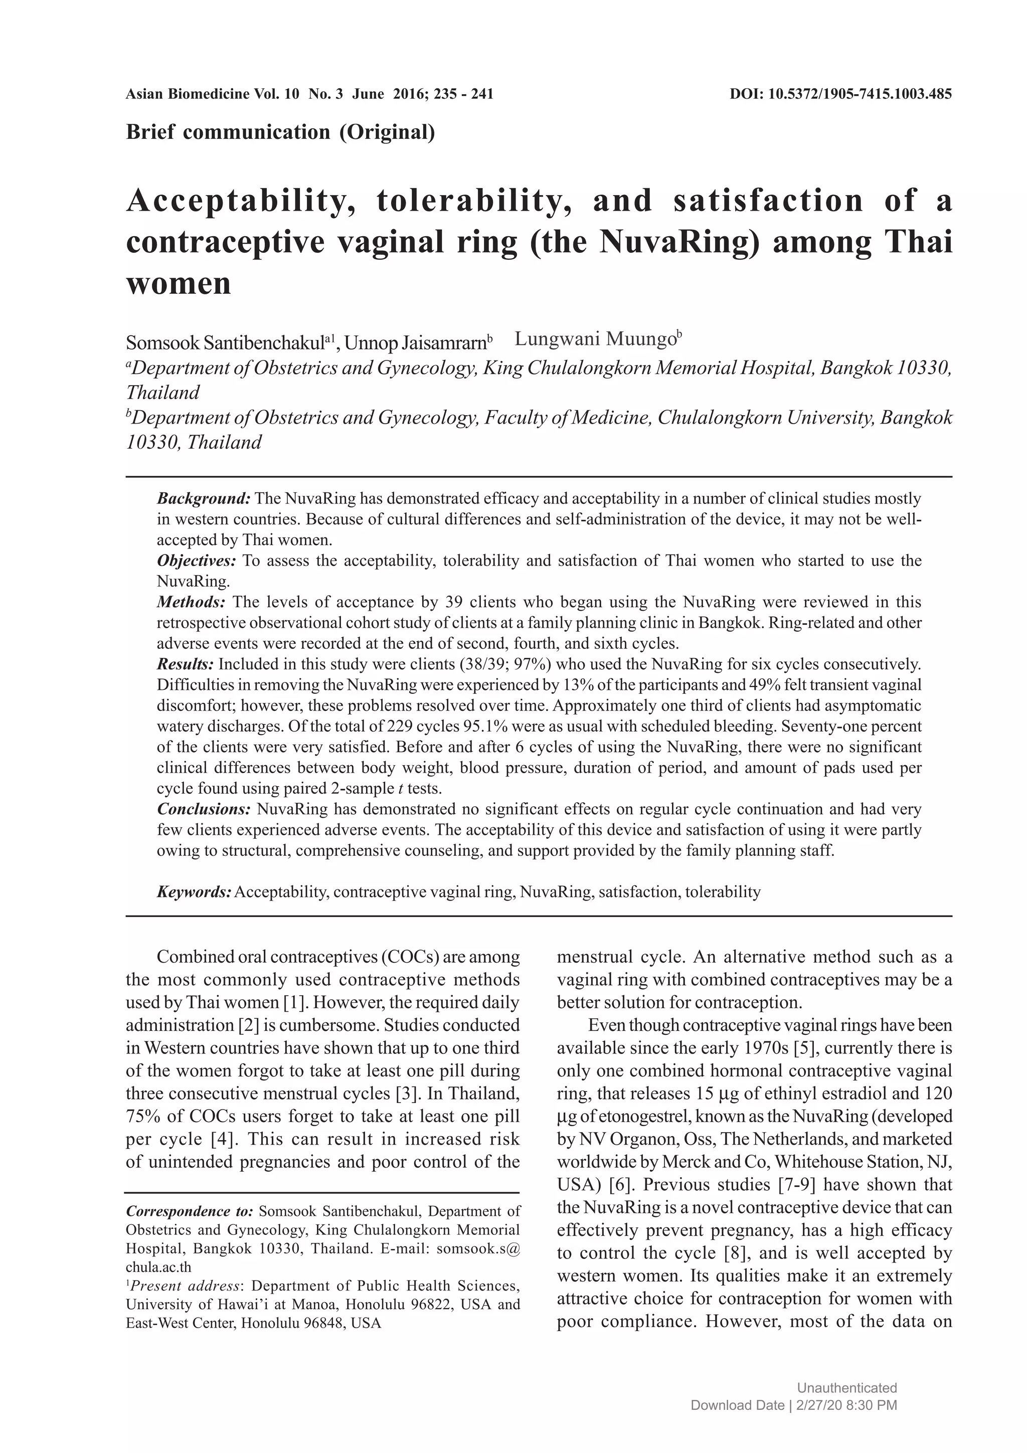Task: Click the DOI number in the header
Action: click(860, 94)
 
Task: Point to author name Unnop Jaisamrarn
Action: click(416, 343)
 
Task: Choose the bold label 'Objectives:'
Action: click(196, 560)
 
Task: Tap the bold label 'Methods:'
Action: click(191, 601)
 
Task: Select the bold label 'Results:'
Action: click(186, 664)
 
